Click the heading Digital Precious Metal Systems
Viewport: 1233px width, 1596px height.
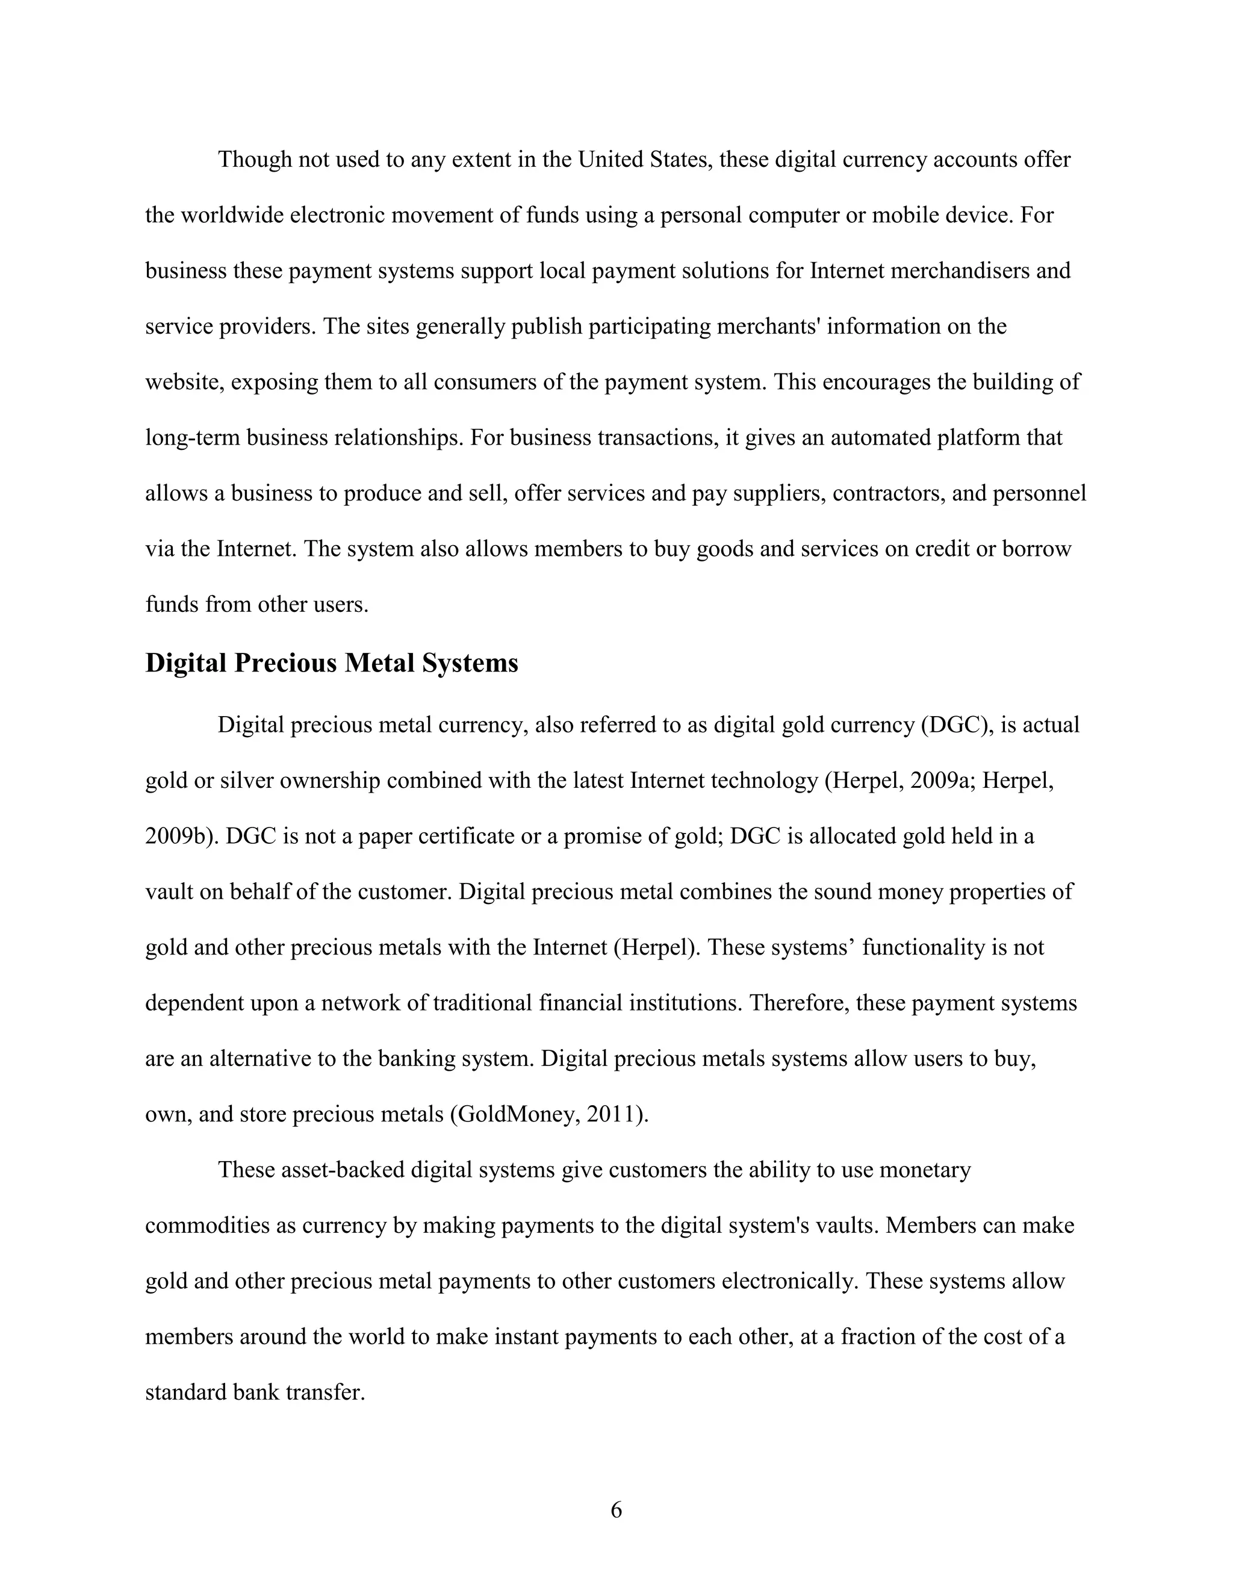point(332,663)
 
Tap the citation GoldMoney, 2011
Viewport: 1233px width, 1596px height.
point(548,1114)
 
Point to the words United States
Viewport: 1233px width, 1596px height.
point(644,160)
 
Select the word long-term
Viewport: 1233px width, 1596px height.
point(193,438)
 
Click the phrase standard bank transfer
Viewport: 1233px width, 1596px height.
point(254,1392)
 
